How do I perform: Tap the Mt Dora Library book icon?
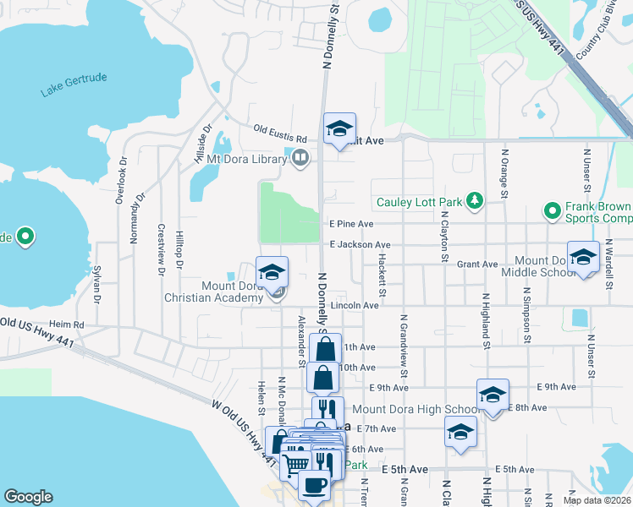pos(300,157)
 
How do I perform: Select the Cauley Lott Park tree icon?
pos(476,201)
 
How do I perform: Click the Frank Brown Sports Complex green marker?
pos(552,210)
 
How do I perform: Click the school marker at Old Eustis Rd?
pos(339,128)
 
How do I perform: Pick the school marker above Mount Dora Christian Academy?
pos(272,271)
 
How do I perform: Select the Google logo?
pos(28,497)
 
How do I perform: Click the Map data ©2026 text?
pos(597,500)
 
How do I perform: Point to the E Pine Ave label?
pos(351,224)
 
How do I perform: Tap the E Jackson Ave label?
pos(355,244)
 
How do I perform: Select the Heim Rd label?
pos(67,324)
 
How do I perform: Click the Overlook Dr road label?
pos(124,177)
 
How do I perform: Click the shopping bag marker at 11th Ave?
pos(326,347)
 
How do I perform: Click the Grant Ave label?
pos(477,264)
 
